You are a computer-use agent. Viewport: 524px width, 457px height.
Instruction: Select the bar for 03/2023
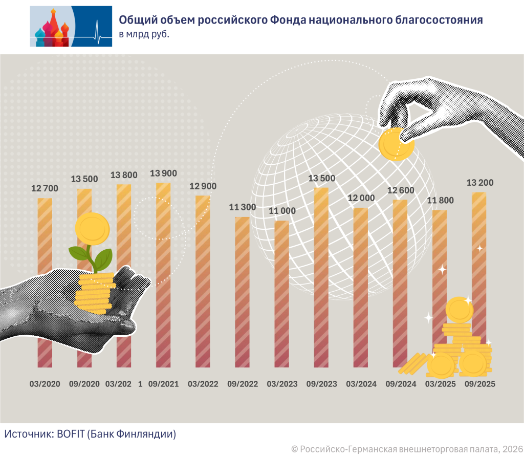point(282,294)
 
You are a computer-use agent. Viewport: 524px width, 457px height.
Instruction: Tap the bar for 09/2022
point(242,292)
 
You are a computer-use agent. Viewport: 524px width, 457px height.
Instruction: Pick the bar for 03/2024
point(361,287)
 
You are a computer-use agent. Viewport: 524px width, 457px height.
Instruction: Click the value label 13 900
point(163,174)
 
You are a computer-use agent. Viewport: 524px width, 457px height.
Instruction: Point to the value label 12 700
point(45,189)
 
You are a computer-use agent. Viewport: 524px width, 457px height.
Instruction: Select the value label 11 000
point(281,211)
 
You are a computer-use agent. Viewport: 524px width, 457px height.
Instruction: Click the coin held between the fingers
point(396,144)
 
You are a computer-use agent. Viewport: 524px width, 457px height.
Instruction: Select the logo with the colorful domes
point(71,26)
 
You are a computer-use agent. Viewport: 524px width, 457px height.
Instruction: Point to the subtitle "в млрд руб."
point(144,35)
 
